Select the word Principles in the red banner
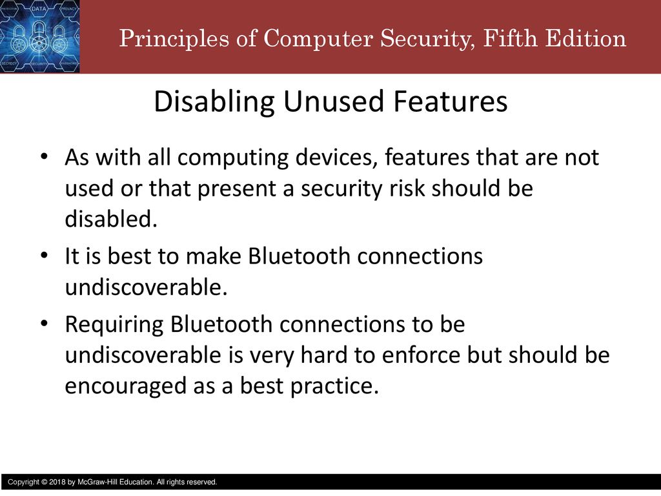click(x=174, y=39)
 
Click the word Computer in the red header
click(x=318, y=39)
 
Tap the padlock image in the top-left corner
click(x=39, y=36)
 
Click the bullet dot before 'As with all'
click(x=44, y=157)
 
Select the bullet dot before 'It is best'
click(x=44, y=256)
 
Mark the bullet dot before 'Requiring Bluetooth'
click(x=44, y=324)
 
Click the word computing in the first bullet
click(x=233, y=158)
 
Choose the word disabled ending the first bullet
click(x=111, y=218)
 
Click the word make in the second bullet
click(x=213, y=256)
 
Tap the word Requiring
click(x=114, y=325)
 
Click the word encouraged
click(x=126, y=386)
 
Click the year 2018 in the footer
click(x=57, y=482)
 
